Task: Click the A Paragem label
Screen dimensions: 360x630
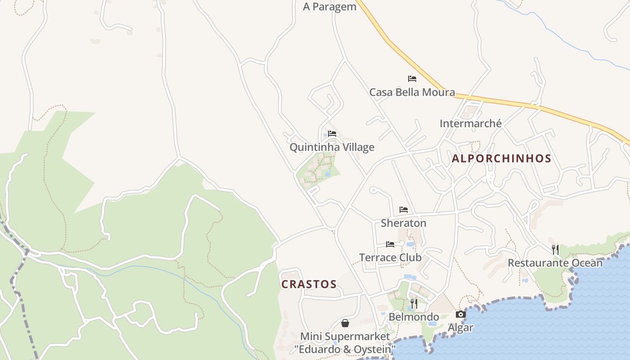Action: tap(329, 7)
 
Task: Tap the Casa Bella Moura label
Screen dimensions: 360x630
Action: tap(412, 92)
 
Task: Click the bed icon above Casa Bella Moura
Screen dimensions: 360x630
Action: tap(412, 79)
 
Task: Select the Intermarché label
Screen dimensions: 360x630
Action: tap(470, 123)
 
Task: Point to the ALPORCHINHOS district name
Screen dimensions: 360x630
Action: tap(501, 158)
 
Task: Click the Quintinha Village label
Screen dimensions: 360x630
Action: tap(332, 147)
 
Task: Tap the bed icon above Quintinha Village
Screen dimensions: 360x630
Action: tap(332, 134)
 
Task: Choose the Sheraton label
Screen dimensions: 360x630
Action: tap(403, 223)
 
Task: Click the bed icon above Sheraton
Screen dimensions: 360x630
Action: tap(404, 210)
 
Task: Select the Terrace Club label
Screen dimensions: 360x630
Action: tap(390, 257)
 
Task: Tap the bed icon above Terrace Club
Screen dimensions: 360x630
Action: tap(390, 244)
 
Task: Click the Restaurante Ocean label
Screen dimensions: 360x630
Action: tap(555, 263)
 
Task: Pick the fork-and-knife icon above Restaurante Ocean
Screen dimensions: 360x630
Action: tap(555, 249)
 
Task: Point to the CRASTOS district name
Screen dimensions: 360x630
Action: tap(309, 284)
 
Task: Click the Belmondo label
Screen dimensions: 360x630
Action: tap(414, 317)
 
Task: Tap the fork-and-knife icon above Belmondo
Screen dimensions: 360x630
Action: tap(414, 304)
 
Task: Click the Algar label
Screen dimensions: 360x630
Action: tap(460, 328)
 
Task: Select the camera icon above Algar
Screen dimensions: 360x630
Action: tap(461, 315)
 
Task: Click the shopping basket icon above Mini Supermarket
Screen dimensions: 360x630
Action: tap(345, 323)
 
